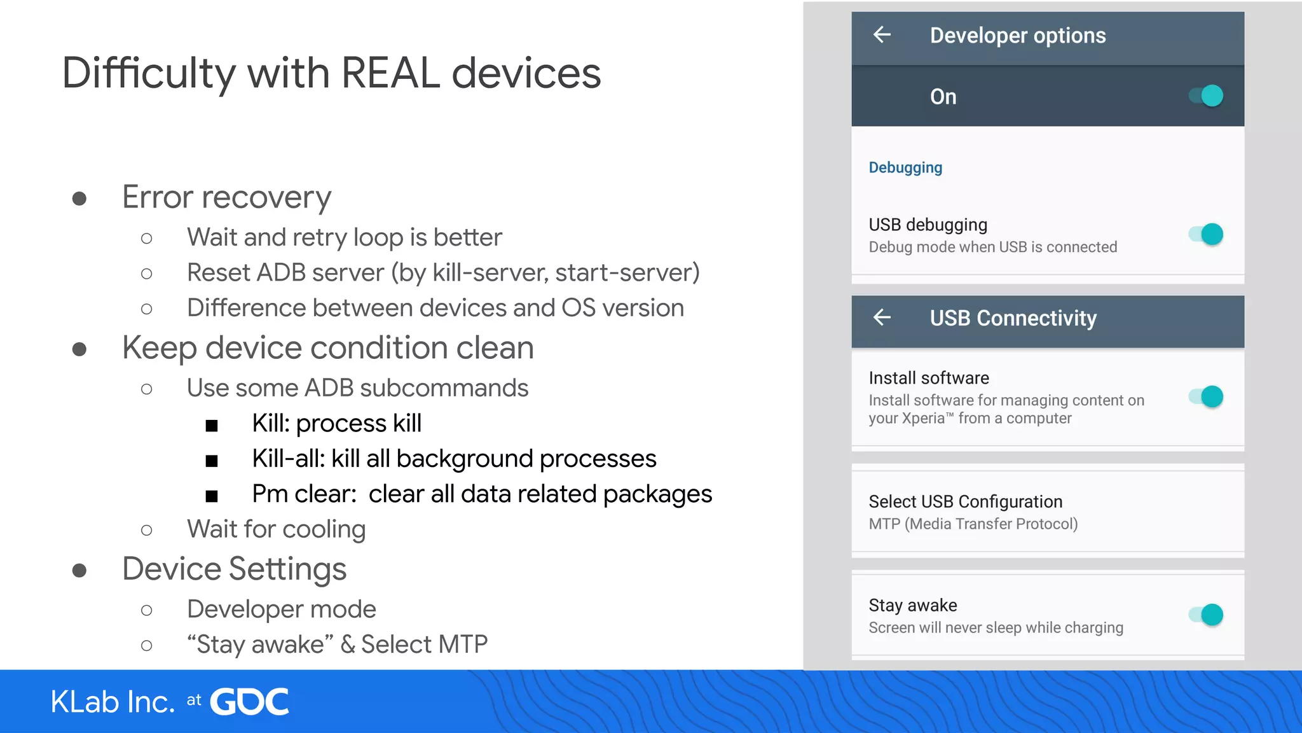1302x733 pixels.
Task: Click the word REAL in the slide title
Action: [390, 73]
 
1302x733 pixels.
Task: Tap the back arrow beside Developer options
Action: [882, 35]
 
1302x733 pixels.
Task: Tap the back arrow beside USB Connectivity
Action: [882, 317]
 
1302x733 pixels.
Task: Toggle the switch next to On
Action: [1206, 96]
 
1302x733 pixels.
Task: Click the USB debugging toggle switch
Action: [1206, 234]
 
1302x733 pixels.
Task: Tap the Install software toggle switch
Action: [1206, 397]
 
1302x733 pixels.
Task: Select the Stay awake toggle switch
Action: [1206, 615]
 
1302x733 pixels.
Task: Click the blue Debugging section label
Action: [905, 167]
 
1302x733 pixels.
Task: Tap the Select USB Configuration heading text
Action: [965, 501]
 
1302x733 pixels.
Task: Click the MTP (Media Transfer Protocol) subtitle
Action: [973, 524]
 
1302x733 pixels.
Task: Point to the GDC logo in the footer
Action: [249, 702]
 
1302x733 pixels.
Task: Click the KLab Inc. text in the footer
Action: [113, 702]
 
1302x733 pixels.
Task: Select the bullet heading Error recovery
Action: [226, 197]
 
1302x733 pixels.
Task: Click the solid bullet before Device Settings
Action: [79, 570]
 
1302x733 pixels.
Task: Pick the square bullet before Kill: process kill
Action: [212, 425]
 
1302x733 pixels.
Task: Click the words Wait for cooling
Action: [276, 529]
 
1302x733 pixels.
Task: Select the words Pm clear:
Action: [304, 494]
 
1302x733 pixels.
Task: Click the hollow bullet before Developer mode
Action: [146, 610]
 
